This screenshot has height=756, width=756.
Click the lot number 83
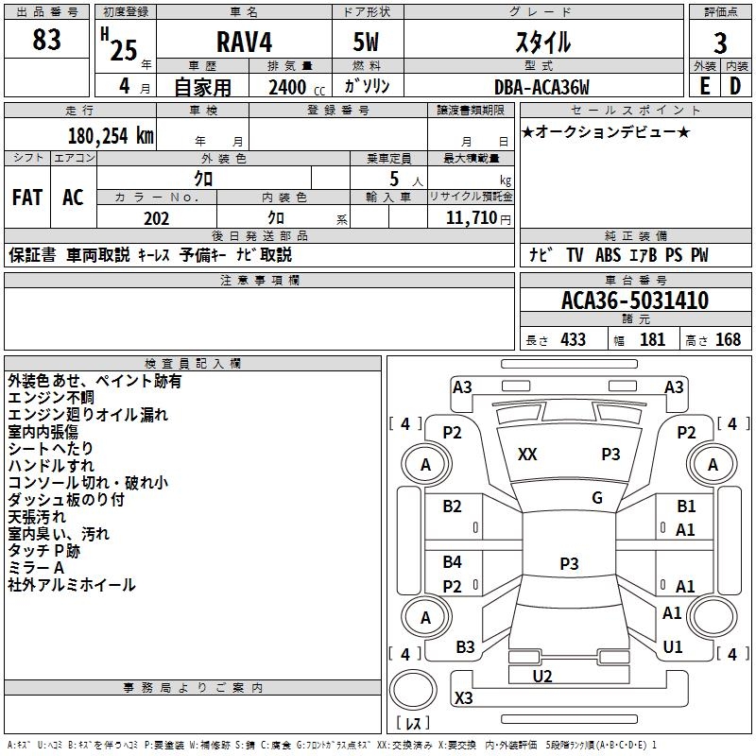(46, 41)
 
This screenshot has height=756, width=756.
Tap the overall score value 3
(720, 43)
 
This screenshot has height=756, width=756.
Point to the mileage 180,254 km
(111, 136)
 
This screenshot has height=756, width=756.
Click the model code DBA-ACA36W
(541, 87)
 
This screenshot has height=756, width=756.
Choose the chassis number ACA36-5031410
(634, 301)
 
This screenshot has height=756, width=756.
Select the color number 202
(156, 218)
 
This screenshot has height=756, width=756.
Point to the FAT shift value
(27, 198)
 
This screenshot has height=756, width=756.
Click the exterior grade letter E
(705, 87)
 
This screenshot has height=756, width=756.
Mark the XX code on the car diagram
(527, 455)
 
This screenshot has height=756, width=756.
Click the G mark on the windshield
(597, 498)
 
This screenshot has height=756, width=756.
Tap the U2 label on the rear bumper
(542, 676)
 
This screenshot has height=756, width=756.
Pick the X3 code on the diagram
(463, 698)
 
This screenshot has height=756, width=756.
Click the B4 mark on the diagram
(453, 562)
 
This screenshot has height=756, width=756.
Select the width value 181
(652, 339)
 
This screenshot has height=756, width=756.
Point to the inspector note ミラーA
(36, 568)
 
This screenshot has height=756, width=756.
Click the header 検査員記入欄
(194, 363)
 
